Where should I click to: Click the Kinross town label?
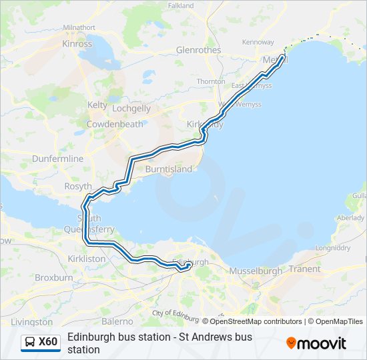[x=77, y=44]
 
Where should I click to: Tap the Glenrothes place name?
[x=198, y=50]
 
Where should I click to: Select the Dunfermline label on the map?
[x=58, y=159]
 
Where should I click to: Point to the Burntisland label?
[x=169, y=169]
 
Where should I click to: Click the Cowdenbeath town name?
[x=115, y=124]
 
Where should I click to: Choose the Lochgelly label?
[x=131, y=108]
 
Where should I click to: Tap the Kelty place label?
[x=97, y=105]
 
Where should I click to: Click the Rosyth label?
[x=77, y=187]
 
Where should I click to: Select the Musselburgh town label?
[x=257, y=271]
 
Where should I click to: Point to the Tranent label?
[x=305, y=269]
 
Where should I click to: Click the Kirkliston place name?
[x=87, y=258]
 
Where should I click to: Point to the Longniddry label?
[x=332, y=248]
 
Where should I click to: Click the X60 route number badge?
[x=48, y=342]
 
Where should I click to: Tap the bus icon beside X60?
[x=30, y=343]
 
